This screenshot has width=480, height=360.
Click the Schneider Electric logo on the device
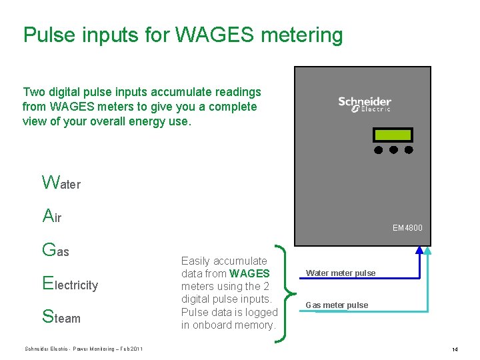[364, 104]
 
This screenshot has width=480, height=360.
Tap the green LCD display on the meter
[393, 135]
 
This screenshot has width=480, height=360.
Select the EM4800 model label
[407, 228]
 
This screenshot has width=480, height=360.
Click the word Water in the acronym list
[61, 183]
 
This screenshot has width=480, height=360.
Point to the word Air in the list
[51, 216]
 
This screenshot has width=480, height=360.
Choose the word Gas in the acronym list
[55, 251]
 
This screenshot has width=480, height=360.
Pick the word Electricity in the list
[69, 285]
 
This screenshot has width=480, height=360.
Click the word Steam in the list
[61, 318]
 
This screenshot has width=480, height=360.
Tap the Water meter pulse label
[340, 273]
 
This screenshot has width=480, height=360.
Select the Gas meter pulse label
[337, 305]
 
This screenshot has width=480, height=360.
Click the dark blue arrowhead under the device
[419, 251]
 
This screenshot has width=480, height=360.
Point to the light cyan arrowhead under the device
[428, 251]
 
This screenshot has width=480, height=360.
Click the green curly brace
[285, 293]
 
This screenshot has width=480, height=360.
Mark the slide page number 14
[455, 349]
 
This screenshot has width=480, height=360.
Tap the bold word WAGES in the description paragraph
[249, 273]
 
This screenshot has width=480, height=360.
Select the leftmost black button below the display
[379, 150]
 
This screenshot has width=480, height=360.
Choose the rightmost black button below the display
[409, 150]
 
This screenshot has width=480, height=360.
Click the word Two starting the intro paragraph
[33, 92]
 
